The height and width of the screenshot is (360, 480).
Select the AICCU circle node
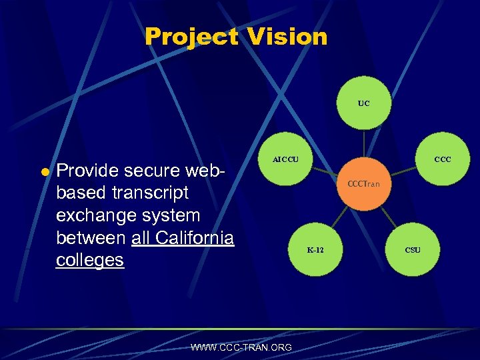pos(285,161)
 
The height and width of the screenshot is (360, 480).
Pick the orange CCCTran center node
pos(363,183)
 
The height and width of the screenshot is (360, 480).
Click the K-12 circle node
pos(315,251)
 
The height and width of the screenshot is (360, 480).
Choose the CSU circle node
pos(413,251)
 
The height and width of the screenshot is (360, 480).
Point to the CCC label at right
pos(443,160)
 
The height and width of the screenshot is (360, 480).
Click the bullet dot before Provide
pos(45,172)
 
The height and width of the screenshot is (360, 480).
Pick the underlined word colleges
pos(90,260)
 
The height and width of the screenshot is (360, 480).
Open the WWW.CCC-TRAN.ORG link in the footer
pos(241,347)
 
